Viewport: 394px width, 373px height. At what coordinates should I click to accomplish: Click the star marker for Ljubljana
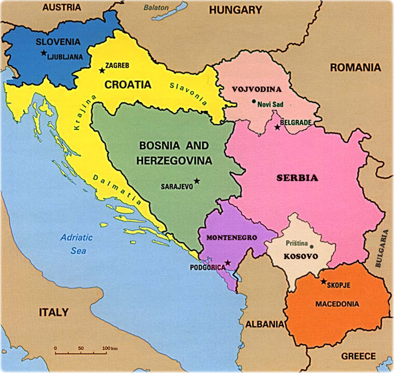click(x=44, y=52)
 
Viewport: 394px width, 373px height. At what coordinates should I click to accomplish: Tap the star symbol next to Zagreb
click(x=102, y=70)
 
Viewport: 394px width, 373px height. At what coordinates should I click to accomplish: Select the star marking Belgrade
click(x=277, y=127)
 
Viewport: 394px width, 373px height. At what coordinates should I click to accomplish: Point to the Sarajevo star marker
click(x=197, y=181)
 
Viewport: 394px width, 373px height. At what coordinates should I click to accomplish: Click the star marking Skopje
click(x=323, y=282)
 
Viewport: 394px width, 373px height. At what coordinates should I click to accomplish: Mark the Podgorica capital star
click(x=228, y=263)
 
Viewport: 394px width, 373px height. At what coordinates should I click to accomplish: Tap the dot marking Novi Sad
click(x=254, y=101)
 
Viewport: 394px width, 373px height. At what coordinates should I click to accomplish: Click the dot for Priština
click(x=312, y=246)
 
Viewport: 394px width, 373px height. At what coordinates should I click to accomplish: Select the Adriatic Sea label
click(x=76, y=243)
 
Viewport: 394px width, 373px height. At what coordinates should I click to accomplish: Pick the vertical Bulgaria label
click(x=385, y=249)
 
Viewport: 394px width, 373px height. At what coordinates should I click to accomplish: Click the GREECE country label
click(x=358, y=356)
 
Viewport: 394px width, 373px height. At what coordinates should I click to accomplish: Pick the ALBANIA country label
click(x=264, y=324)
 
